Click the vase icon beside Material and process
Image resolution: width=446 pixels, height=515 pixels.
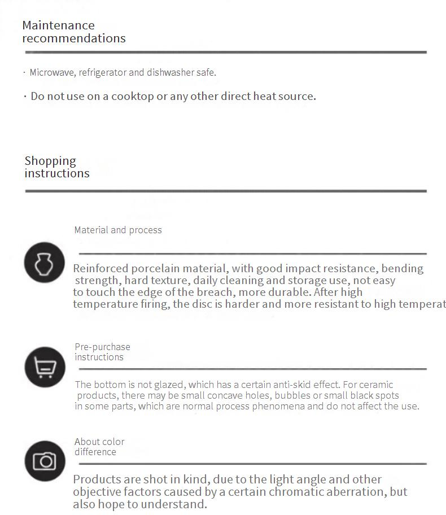click(45, 263)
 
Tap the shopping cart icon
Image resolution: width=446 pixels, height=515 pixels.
click(45, 367)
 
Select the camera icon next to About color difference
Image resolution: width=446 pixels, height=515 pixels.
click(45, 461)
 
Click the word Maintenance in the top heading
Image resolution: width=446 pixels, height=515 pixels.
click(58, 25)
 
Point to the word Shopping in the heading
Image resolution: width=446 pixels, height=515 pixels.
click(50, 161)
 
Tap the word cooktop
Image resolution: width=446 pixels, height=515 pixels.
click(132, 96)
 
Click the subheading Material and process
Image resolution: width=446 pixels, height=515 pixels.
click(118, 230)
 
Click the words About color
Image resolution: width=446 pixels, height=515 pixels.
click(99, 442)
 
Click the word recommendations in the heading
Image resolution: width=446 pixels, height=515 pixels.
click(74, 38)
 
